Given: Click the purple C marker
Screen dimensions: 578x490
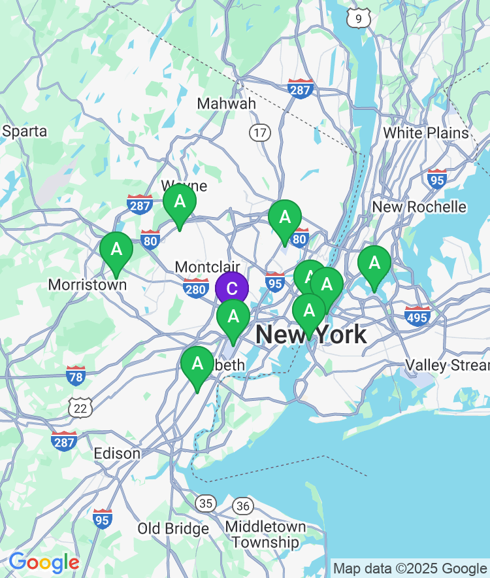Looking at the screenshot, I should pyautogui.click(x=232, y=288).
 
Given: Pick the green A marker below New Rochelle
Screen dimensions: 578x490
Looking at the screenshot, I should pyautogui.click(x=374, y=264).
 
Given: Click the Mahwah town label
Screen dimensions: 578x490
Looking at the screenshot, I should pyautogui.click(x=227, y=104).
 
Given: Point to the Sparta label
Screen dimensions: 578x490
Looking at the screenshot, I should pyautogui.click(x=25, y=131).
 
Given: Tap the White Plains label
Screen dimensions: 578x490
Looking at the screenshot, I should pyautogui.click(x=425, y=133).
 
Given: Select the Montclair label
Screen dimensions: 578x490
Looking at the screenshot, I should pyautogui.click(x=208, y=267).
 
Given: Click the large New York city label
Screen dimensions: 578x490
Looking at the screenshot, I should pyautogui.click(x=311, y=335).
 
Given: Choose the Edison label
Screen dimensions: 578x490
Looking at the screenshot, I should pyautogui.click(x=117, y=454).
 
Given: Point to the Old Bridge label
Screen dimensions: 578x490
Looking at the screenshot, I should pyautogui.click(x=173, y=528).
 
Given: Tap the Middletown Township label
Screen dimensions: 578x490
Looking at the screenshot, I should pyautogui.click(x=265, y=534).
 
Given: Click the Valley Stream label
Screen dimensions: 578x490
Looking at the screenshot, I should pyautogui.click(x=447, y=365).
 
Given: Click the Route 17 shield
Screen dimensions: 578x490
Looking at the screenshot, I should pyautogui.click(x=260, y=133).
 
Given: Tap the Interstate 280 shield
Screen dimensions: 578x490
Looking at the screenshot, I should pyautogui.click(x=196, y=288).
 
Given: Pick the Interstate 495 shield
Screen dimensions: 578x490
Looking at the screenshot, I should pyautogui.click(x=417, y=316).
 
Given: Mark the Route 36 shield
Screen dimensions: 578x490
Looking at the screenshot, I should pyautogui.click(x=244, y=505).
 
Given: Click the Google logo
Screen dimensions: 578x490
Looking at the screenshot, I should pyautogui.click(x=44, y=562).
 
